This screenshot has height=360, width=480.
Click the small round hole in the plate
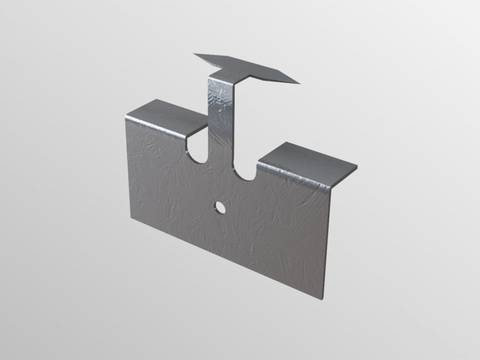(x=219, y=207)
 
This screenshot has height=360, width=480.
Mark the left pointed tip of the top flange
(x=195, y=54)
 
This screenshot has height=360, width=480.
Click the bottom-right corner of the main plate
(x=324, y=299)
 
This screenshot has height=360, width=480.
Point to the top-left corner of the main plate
(x=126, y=117)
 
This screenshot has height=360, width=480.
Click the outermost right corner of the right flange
(x=356, y=169)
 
